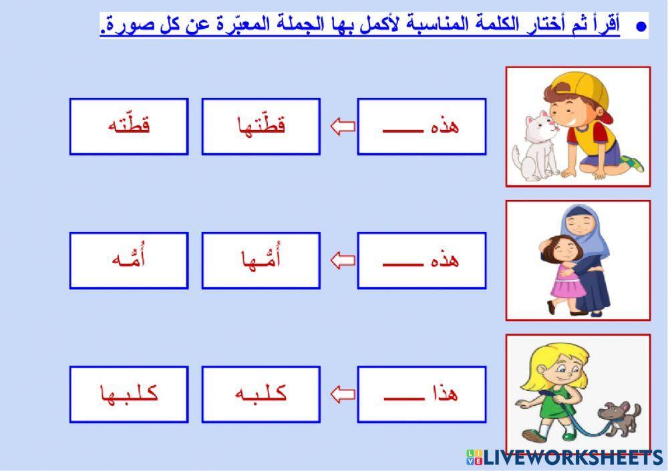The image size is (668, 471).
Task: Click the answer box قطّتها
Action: click(261, 127)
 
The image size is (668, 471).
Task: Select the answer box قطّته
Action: click(129, 127)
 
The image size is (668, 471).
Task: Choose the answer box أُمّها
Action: click(261, 260)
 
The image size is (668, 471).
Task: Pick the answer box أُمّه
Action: click(129, 260)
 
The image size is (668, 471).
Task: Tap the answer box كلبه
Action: click(261, 394)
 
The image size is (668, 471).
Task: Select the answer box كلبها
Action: click(129, 394)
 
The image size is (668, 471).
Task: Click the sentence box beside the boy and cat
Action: click(422, 127)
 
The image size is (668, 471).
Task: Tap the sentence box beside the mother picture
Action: click(422, 260)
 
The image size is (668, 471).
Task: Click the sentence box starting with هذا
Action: click(422, 394)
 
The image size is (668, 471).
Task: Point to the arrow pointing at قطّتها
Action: click(343, 127)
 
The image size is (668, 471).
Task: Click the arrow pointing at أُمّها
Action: click(343, 260)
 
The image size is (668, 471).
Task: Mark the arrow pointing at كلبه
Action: click(343, 394)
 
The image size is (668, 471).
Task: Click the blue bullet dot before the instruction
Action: click(642, 27)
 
